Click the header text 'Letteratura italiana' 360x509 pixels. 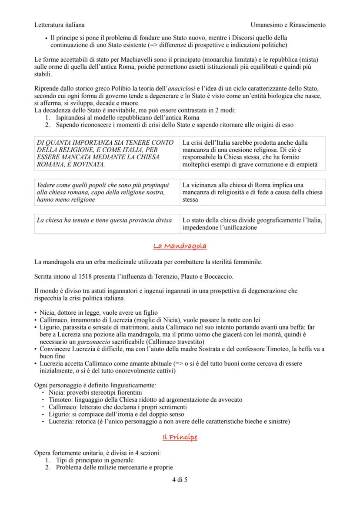[59, 25]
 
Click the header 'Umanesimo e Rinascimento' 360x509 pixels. [288, 25]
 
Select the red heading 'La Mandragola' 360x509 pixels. [180, 246]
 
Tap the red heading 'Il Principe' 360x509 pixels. [180, 437]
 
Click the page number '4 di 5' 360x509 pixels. [180, 480]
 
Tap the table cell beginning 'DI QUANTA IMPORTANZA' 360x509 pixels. [107, 153]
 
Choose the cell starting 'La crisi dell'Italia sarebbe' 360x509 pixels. [252, 153]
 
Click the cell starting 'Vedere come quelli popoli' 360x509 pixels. [107, 192]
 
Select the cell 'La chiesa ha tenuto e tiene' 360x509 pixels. [107, 220]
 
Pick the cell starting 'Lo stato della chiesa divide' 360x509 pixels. [252, 224]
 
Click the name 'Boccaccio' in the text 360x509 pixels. [217, 276]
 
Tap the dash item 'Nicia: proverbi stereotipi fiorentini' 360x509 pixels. [92, 392]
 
